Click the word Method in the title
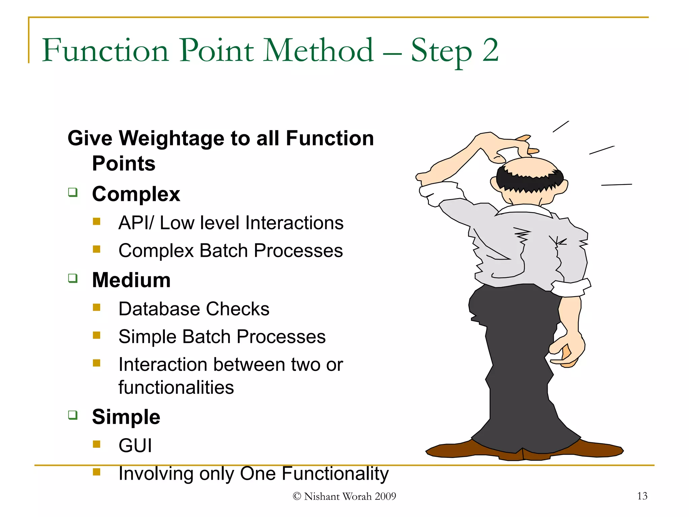click(x=318, y=50)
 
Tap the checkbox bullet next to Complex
click(x=73, y=192)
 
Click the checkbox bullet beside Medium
click(x=73, y=278)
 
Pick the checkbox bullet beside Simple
click(x=73, y=415)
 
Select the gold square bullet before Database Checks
click(x=97, y=307)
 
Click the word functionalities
click(x=176, y=387)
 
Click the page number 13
click(x=642, y=496)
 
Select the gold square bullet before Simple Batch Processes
click(x=97, y=335)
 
